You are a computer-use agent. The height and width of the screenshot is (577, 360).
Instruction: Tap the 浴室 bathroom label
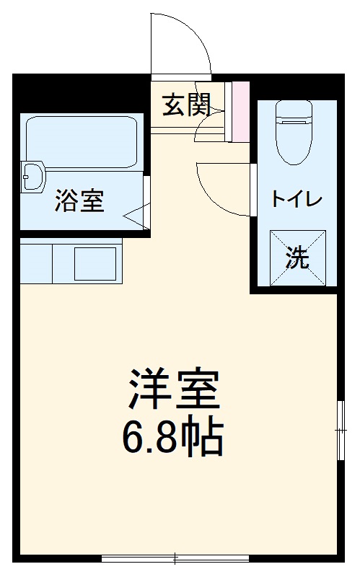pos(79,201)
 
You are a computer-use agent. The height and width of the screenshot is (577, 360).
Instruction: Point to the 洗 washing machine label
pos(297,258)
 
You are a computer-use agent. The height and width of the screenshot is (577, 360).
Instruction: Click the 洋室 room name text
pos(172,390)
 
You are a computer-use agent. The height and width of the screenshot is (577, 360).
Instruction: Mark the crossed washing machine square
pos(297,257)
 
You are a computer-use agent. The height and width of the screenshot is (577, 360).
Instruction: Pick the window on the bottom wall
pos(175,558)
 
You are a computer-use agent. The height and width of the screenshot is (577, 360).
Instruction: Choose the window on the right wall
pos(340,428)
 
